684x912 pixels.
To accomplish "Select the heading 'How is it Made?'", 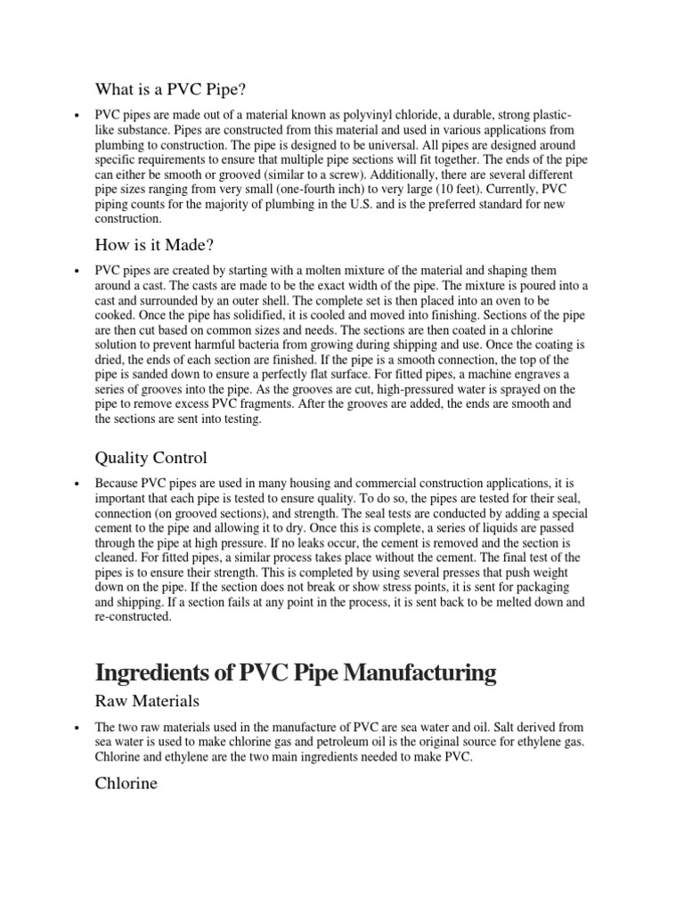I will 155,245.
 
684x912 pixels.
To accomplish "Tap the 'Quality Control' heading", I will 151,458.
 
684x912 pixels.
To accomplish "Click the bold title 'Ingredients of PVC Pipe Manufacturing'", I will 296,672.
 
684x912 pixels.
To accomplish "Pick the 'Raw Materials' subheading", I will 146,703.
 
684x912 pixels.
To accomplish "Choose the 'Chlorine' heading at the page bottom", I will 126,784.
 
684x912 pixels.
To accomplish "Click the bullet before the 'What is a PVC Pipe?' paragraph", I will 79,116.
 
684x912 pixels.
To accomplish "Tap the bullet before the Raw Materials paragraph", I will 79,727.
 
